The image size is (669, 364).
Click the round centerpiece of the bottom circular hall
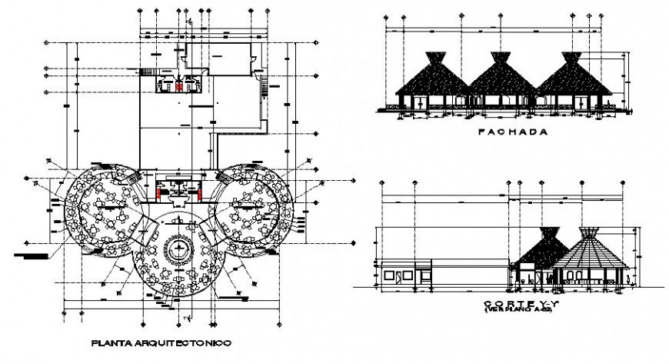[x=179, y=249]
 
